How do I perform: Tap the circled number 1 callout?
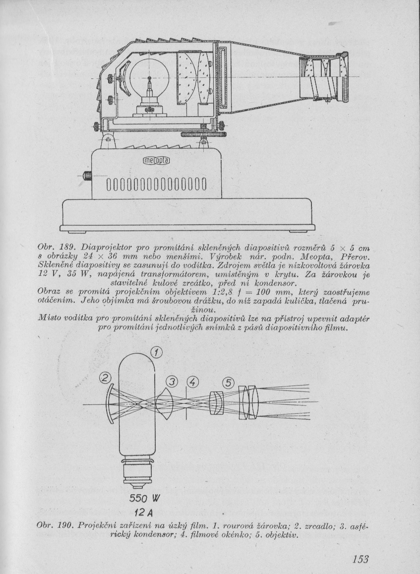coord(156,353)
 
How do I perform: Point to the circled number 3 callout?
coord(172,382)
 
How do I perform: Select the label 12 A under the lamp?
coord(142,511)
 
